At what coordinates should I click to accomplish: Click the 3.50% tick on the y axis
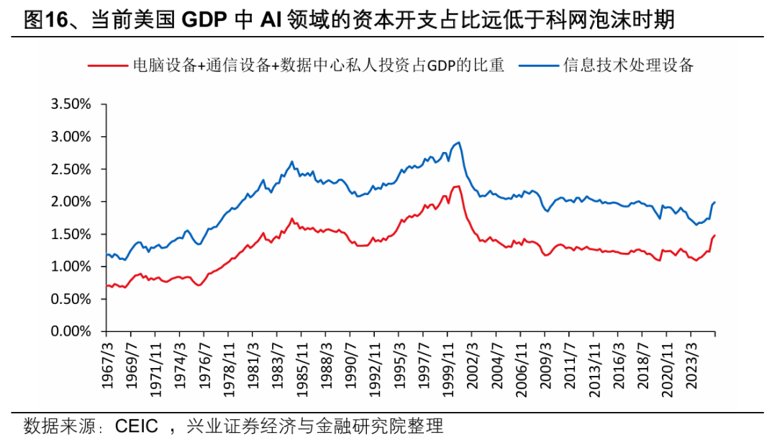pos(71,104)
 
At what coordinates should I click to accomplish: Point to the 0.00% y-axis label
pos(71,332)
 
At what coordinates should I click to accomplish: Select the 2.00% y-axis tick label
pos(71,202)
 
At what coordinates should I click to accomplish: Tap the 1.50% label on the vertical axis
pos(71,234)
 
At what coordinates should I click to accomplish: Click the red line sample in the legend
pos(108,65)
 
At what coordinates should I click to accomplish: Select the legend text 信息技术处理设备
pos(627,65)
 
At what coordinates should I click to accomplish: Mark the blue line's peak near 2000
pos(460,143)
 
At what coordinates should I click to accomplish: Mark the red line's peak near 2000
pos(458,186)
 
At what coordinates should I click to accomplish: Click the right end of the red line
pos(715,236)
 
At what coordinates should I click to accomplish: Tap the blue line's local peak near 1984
pos(292,161)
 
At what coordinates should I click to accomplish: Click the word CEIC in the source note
pos(136,426)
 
